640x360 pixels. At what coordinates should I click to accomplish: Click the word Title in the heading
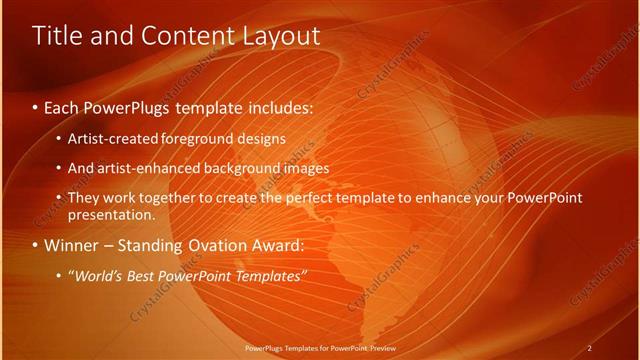tap(58, 36)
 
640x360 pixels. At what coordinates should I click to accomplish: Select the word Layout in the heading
tap(281, 36)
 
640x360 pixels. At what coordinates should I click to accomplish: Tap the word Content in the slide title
tap(186, 36)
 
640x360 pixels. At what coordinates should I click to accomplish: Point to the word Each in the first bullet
tap(63, 105)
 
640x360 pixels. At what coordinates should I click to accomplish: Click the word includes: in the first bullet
tap(279, 105)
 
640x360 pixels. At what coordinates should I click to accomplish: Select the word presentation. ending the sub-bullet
tap(112, 214)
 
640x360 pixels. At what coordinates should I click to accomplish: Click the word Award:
tap(280, 245)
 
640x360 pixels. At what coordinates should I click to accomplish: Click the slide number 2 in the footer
tap(589, 348)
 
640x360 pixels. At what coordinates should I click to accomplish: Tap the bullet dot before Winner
tap(36, 246)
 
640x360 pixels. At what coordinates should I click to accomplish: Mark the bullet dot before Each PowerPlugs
tap(36, 106)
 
